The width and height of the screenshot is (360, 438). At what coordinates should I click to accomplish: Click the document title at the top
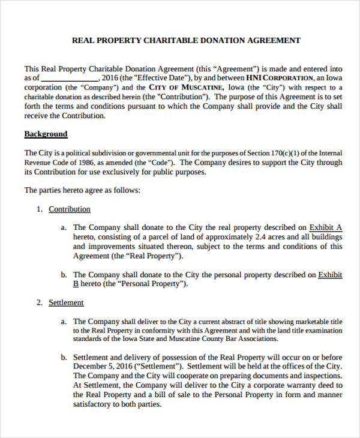point(186,41)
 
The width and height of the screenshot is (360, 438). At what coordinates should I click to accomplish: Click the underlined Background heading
point(46,134)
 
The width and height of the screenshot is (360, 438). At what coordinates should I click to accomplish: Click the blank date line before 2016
point(70,78)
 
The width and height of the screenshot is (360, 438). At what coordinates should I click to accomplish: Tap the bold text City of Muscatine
point(187,87)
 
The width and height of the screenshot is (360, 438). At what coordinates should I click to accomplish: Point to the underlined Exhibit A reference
point(325,227)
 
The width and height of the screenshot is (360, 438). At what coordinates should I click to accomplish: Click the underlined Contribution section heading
point(70,209)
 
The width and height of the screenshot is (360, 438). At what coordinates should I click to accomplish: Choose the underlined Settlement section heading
point(66,302)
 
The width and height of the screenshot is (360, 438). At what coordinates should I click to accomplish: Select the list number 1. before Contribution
point(39,209)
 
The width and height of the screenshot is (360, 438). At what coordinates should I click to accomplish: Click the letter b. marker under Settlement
point(63,358)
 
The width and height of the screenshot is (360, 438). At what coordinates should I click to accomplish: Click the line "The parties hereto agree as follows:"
point(82,190)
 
